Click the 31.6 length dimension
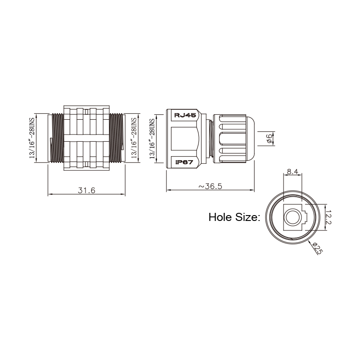pos(86,190)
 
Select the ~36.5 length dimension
pos(210,186)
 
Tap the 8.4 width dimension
pos(292,171)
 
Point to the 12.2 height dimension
pos(328,217)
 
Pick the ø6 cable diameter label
pos(269,139)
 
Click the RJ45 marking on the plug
pos(185,115)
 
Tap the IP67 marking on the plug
pos(184,162)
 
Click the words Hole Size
pos(234,217)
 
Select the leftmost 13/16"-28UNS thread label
pos(32,138)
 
